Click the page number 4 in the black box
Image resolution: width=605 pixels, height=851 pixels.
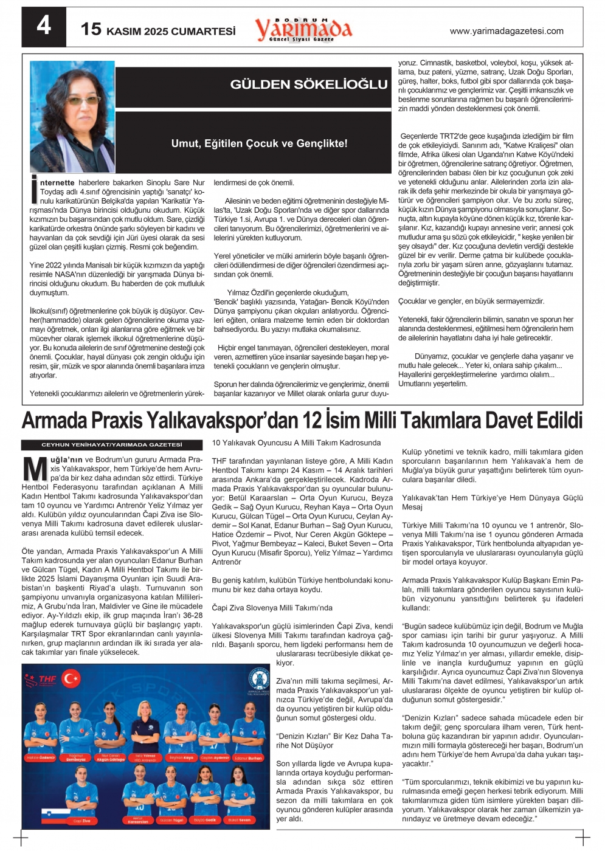(x=44, y=26)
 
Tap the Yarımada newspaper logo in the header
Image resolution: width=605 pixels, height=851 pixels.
(x=303, y=29)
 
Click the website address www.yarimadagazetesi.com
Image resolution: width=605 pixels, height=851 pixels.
(x=506, y=31)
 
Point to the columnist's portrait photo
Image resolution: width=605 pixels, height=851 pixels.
(x=72, y=116)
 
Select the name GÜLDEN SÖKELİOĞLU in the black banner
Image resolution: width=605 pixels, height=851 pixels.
(x=308, y=84)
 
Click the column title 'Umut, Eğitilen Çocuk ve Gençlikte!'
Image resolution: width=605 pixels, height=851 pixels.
(x=259, y=143)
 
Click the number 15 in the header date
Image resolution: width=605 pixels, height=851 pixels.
(x=91, y=29)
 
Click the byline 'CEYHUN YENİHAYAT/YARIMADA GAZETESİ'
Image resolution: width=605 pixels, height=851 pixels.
(x=112, y=445)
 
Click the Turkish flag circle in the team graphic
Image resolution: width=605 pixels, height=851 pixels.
(x=71, y=677)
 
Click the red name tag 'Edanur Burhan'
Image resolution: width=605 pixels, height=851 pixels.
(x=249, y=758)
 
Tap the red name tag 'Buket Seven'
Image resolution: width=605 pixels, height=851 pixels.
(x=239, y=820)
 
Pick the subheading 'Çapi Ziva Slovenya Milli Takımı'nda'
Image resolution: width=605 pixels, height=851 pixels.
(x=272, y=608)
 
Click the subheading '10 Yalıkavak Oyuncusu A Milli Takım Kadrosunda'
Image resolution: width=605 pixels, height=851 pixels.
(x=296, y=443)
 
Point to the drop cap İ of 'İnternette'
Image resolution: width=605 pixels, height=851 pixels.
(x=35, y=190)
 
